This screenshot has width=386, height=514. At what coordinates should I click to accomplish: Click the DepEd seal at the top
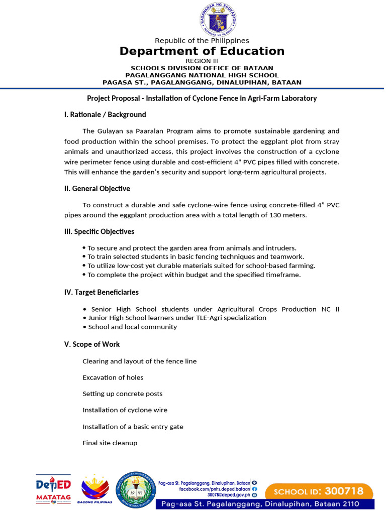coord(218,20)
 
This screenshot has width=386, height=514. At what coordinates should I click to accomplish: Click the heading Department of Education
coord(202,51)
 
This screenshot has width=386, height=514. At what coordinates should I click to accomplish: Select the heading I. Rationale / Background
coord(105,114)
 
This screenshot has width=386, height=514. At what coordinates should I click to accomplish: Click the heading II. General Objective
coord(97,189)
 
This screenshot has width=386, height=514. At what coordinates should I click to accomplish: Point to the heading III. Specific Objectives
coord(99,231)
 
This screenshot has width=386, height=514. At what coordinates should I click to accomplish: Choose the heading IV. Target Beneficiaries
coord(101,292)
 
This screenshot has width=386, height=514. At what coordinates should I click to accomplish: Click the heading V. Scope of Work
coord(92,344)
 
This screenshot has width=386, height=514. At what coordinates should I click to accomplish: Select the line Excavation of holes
coord(113,377)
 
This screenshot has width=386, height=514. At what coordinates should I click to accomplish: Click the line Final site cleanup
coord(110,443)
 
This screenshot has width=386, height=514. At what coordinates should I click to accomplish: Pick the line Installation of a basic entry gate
coord(133,427)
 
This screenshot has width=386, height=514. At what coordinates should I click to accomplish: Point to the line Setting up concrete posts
coord(123,394)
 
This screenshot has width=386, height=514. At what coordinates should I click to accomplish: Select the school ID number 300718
coord(344,491)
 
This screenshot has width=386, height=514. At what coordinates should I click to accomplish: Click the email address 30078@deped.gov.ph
coord(229,495)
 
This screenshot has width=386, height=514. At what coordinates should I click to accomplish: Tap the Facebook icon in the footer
coord(255,489)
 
